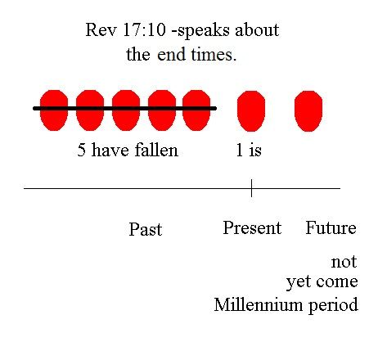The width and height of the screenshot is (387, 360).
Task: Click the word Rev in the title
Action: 101,29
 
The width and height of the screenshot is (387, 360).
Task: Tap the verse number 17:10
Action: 144,29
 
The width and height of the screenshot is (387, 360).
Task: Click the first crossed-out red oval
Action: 54,110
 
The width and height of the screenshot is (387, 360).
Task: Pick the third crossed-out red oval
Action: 126,110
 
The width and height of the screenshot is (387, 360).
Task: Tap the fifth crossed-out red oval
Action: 196,110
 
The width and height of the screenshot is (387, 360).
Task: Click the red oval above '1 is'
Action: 251,111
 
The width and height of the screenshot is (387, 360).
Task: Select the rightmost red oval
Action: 308,111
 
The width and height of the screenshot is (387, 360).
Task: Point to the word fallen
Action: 156,150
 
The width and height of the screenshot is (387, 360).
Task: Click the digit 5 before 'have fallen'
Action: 81,150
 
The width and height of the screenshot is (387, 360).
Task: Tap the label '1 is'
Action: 249,150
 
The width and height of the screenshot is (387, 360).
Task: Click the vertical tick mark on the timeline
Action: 251,188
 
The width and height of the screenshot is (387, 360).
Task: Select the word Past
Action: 146,229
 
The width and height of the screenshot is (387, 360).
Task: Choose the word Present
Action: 252,227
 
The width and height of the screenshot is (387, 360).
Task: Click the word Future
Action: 331,227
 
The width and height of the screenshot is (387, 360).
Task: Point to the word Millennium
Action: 259,304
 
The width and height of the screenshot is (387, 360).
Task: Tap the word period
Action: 333,305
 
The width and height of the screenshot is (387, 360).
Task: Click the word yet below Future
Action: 298,282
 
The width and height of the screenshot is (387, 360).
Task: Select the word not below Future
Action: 344,262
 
